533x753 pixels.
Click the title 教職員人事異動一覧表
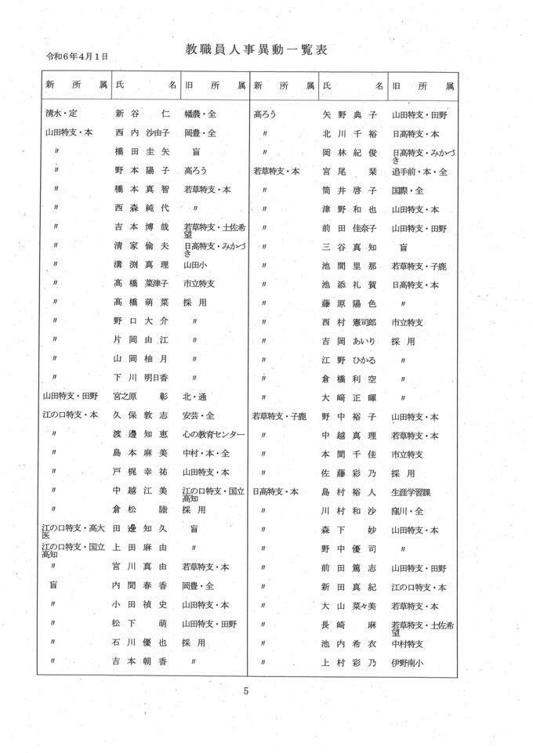256,49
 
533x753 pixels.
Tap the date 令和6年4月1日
77,57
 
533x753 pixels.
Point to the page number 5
245,690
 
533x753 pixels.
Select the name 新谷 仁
142,114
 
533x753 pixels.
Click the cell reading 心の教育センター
213,434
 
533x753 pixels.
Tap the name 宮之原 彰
142,396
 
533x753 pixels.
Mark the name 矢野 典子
350,114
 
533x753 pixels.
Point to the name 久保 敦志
142,415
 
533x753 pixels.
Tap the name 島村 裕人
350,492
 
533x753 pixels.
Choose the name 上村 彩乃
350,663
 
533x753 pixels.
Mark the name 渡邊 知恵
142,434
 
